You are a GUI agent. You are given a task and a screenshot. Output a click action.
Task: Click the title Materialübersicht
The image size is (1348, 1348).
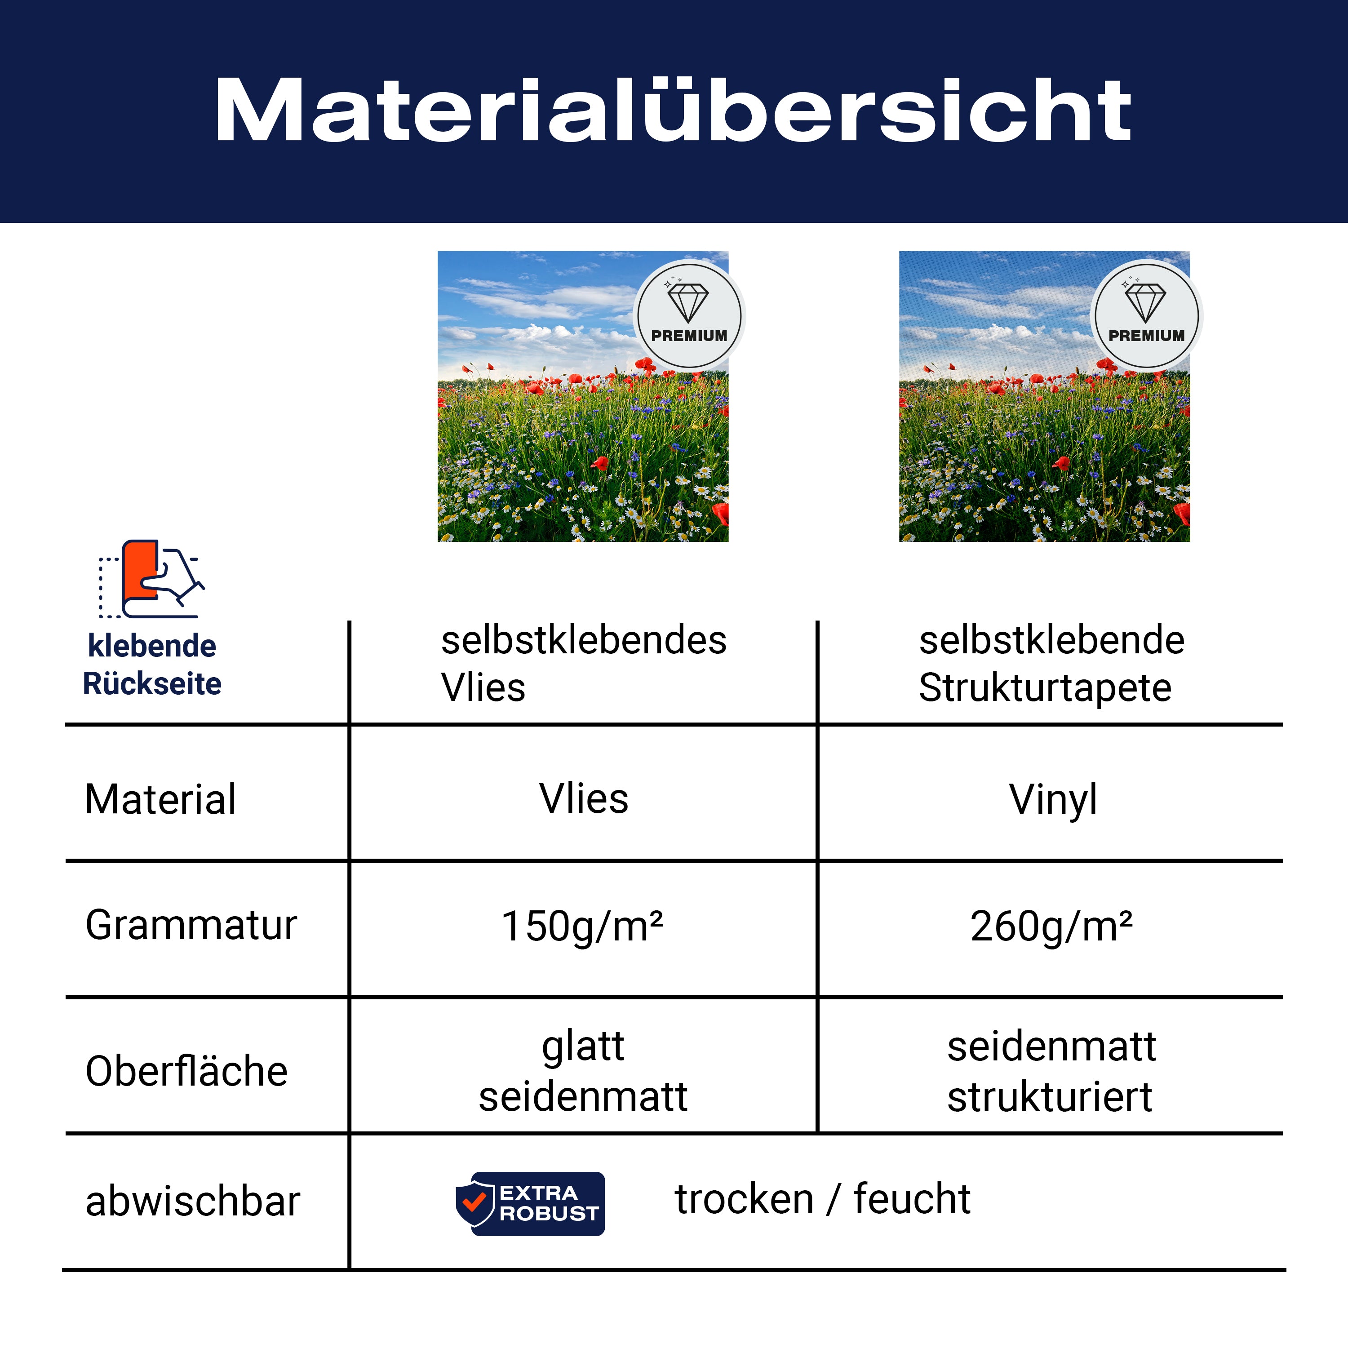point(673,110)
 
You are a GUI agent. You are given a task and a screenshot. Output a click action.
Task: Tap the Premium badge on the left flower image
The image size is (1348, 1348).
point(689,315)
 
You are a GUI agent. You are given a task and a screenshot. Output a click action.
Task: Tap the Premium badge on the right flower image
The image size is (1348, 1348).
point(1146,315)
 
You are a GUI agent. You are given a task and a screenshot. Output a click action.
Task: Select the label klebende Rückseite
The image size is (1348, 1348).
point(152,664)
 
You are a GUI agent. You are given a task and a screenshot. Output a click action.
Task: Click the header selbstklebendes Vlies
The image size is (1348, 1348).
point(583,664)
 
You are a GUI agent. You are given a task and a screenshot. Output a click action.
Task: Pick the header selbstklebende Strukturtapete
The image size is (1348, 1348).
point(1051,664)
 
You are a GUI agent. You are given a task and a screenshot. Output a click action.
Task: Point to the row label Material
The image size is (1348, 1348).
point(160,800)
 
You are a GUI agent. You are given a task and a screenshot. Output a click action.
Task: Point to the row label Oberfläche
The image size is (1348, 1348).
point(186,1071)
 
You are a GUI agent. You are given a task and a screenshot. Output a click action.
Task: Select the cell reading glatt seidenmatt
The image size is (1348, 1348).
point(583,1072)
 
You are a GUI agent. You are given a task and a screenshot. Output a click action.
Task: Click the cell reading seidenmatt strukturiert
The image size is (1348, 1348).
point(1051,1072)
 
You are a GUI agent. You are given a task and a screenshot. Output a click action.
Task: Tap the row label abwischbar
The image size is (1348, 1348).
point(193,1202)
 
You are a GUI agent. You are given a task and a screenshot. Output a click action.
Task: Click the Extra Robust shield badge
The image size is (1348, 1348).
point(530,1204)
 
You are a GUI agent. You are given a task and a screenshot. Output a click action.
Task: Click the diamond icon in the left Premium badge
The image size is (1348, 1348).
point(688,302)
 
